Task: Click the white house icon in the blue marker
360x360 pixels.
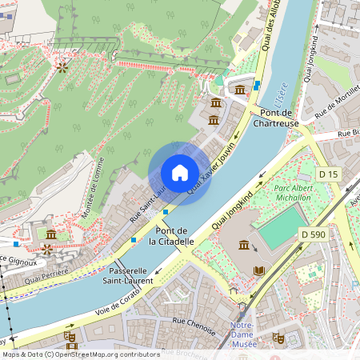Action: pos(180,172)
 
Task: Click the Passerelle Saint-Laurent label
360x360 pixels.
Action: pos(129,275)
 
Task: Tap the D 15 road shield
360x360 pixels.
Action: pos(329,174)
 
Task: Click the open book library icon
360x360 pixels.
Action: pos(258,271)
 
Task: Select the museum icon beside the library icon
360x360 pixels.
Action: pos(243,244)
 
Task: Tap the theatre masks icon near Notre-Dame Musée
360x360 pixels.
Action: pos(278,338)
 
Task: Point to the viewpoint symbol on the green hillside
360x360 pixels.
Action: pos(62,68)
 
